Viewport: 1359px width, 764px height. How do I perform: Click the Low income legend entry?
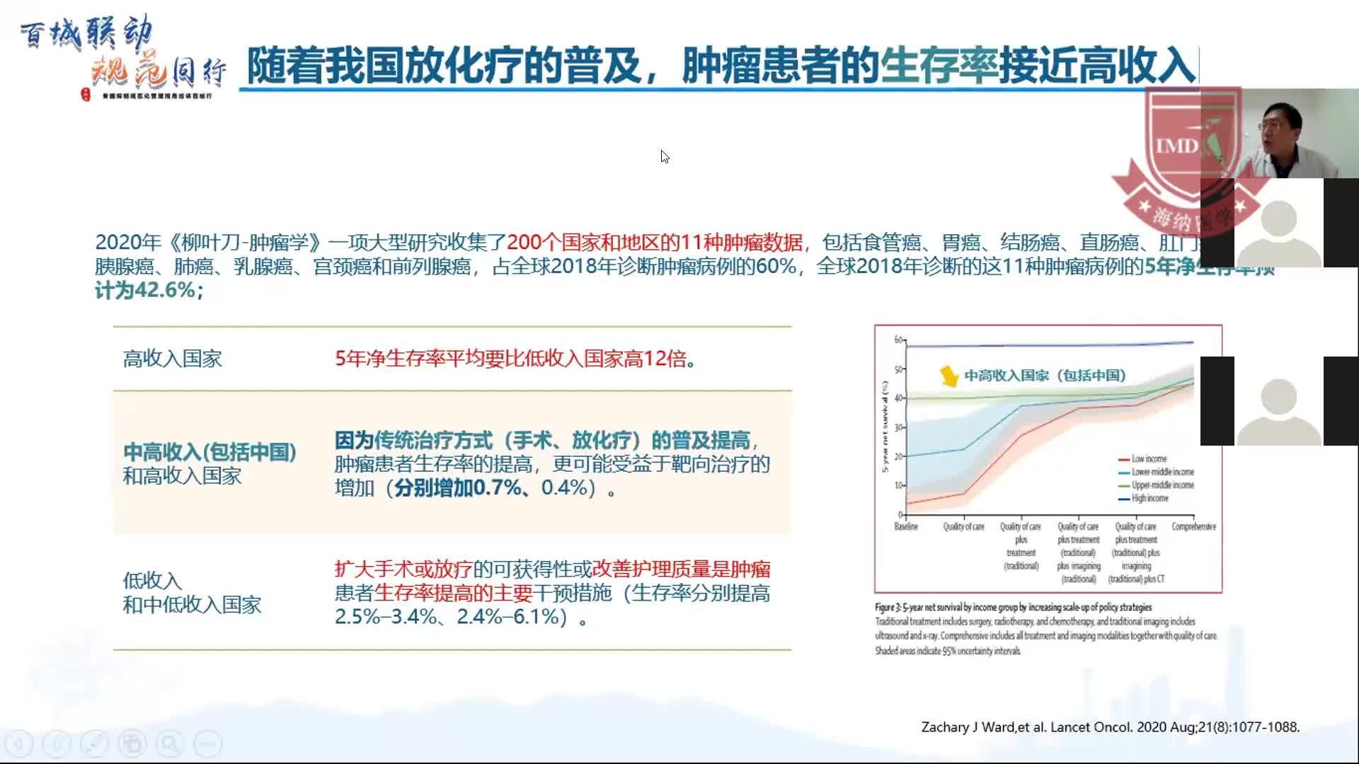[1148, 458]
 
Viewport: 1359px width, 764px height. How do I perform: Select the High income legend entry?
[1149, 498]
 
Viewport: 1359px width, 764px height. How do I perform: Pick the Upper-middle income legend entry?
[1162, 485]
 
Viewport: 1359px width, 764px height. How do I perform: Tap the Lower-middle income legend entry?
[1162, 472]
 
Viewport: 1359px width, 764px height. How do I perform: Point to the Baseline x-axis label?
[906, 526]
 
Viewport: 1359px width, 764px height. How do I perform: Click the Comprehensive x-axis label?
[1193, 526]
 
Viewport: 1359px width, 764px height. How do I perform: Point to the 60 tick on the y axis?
[898, 340]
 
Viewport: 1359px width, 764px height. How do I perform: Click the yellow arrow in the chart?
[948, 376]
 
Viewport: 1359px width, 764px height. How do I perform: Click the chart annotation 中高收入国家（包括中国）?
[1045, 376]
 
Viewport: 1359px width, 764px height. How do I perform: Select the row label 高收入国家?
[172, 359]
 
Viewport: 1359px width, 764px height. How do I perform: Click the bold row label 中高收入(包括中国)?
[210, 451]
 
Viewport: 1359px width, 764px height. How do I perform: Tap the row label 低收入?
[152, 581]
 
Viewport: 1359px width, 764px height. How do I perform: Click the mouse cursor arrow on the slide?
[664, 156]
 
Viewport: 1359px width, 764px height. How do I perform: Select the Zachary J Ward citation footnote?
[1110, 727]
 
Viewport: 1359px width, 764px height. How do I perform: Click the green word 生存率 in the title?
[939, 66]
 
